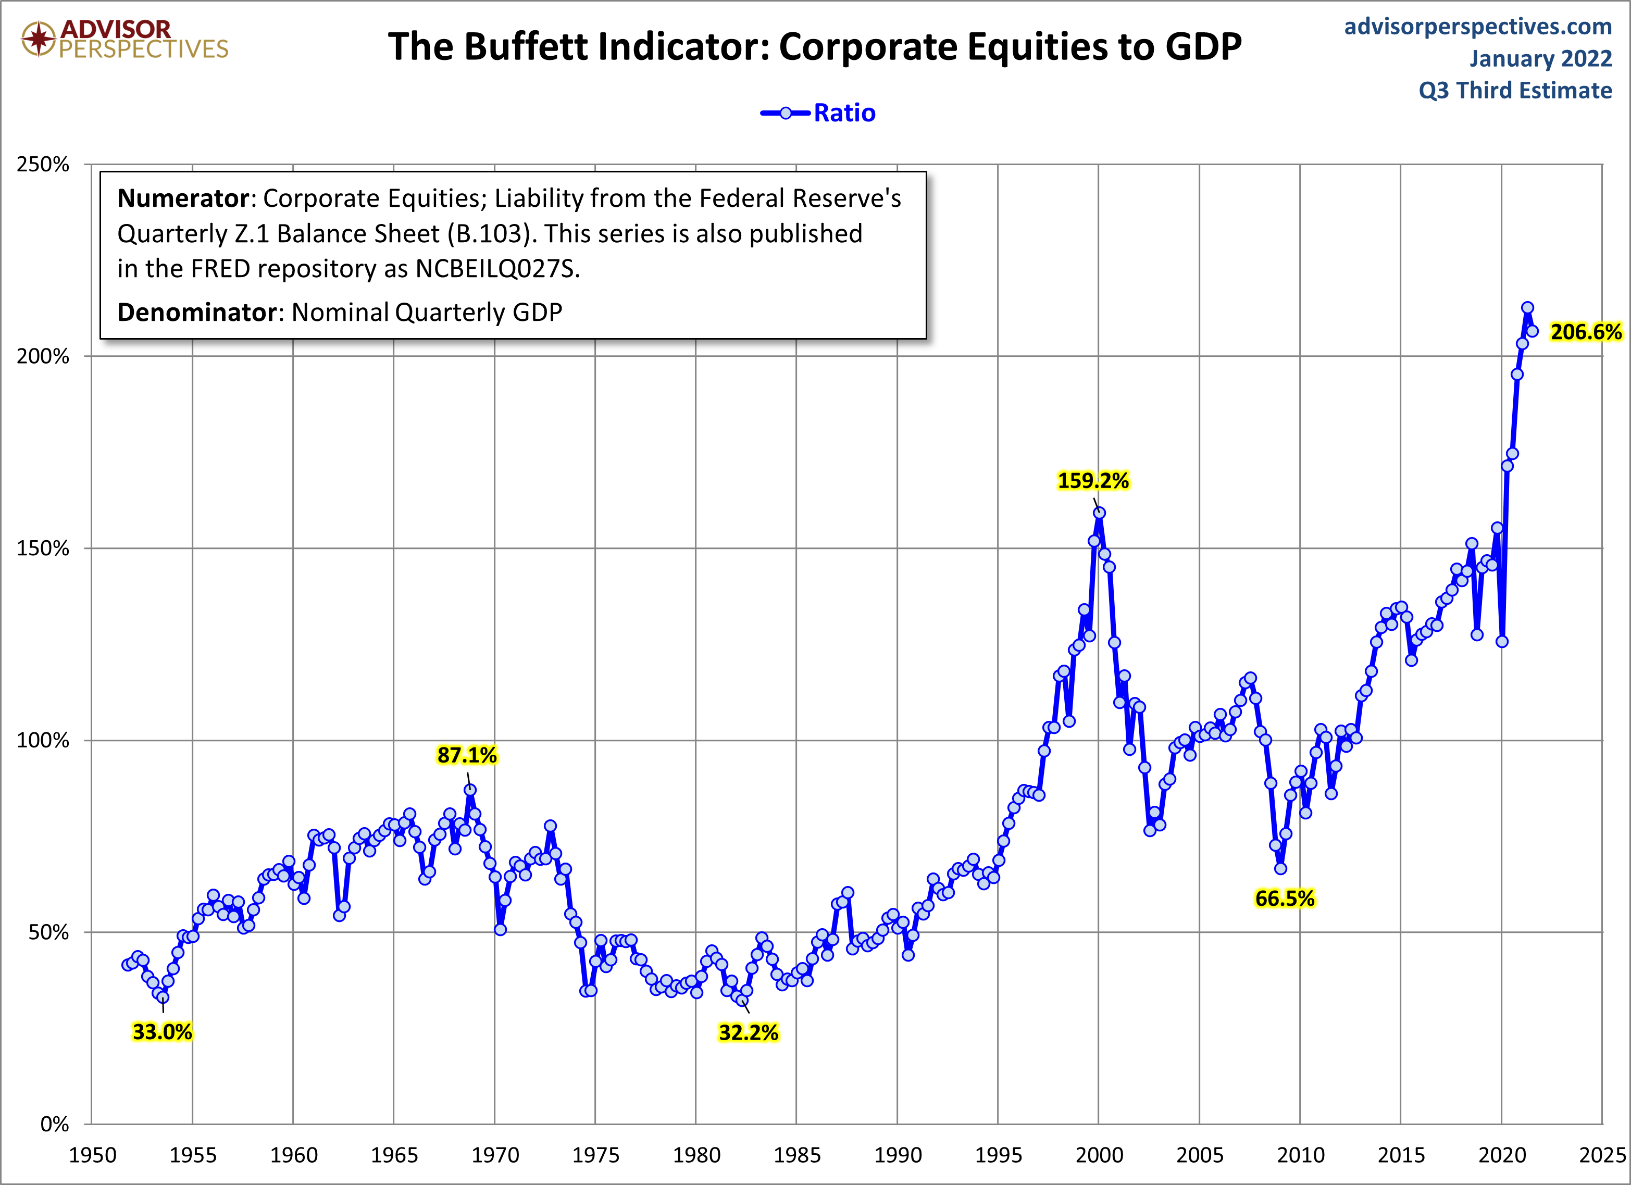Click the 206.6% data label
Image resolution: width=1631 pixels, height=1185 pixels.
(x=1585, y=332)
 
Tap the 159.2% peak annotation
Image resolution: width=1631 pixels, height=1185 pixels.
(x=1092, y=480)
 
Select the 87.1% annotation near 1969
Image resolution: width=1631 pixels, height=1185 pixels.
(x=467, y=755)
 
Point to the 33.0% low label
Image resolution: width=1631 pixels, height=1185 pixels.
(x=162, y=1032)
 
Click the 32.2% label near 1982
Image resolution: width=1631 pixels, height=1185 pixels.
(x=748, y=1032)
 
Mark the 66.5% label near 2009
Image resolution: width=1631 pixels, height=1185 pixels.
(x=1285, y=898)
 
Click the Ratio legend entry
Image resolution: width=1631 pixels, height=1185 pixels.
(x=844, y=113)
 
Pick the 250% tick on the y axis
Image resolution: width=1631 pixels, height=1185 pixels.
(x=43, y=165)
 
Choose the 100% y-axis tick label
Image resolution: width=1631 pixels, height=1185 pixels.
(x=43, y=740)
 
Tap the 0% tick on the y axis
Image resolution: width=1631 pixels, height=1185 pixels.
(x=54, y=1124)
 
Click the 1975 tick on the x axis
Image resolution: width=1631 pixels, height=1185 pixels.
(x=595, y=1155)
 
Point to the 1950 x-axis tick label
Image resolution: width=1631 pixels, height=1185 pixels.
(x=92, y=1155)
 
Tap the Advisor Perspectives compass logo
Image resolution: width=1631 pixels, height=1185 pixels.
(x=38, y=38)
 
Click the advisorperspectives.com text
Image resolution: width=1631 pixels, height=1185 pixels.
(x=1478, y=27)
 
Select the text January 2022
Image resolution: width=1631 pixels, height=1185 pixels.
(x=1540, y=58)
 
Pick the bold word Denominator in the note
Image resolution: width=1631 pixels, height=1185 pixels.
(x=197, y=312)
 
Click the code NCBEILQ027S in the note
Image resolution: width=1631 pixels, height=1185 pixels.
(x=496, y=269)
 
